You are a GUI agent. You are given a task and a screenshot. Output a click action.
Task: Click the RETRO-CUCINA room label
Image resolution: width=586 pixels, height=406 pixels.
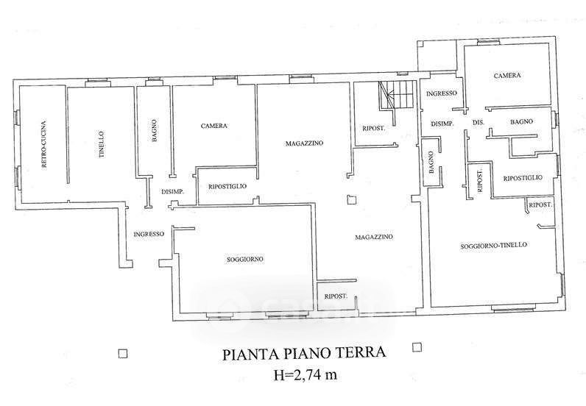44,143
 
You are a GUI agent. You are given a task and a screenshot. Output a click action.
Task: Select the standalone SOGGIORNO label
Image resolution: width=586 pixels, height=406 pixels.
245,259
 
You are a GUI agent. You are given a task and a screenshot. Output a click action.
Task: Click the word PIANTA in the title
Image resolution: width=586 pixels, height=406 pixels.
245,355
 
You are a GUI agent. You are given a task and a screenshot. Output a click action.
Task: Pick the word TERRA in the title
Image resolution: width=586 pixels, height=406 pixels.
361,355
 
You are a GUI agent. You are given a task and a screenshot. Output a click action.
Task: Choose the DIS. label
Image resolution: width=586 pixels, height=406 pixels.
477,121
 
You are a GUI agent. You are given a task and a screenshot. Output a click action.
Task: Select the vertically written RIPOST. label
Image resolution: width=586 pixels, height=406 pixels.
480,181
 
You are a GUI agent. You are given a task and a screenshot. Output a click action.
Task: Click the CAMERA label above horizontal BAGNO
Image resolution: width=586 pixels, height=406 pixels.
507,76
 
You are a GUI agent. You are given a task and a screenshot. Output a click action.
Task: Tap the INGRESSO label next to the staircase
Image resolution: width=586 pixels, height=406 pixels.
442,93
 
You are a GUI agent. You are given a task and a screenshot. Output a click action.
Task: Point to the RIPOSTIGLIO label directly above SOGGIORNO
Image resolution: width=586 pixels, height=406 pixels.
227,185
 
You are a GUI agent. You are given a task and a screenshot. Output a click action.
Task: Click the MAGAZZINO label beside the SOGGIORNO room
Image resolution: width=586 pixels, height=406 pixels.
373,237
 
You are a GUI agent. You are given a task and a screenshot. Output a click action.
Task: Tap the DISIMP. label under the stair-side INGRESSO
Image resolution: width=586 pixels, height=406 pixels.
442,123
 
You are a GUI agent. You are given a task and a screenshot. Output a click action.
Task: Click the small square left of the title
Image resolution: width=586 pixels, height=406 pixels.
124,352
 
